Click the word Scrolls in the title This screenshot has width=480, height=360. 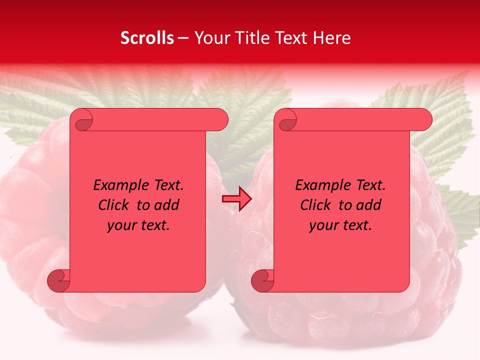(x=147, y=38)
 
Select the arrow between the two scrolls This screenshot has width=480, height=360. (x=236, y=199)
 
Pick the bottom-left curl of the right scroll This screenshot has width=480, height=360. (x=262, y=280)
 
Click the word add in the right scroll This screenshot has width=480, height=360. (x=369, y=205)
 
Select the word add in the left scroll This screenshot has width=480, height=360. (x=167, y=205)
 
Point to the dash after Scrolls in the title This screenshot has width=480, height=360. (x=183, y=38)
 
